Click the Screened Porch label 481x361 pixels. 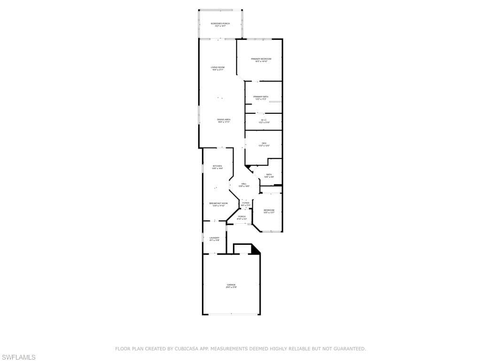[220, 24]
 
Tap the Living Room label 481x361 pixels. [217, 69]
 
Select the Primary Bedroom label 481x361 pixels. [261, 60]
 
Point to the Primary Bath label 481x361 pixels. [261, 98]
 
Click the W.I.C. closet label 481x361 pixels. [264, 121]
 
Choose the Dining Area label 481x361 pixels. [224, 120]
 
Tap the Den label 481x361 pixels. [264, 144]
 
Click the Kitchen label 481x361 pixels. [217, 167]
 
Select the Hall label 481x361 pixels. [244, 185]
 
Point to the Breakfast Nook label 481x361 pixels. [218, 204]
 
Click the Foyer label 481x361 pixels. [246, 204]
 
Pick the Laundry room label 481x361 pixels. [214, 239]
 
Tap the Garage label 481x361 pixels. [231, 285]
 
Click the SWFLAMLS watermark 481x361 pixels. [18, 358]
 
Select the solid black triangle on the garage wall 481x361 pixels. [256, 250]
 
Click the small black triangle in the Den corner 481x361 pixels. [247, 166]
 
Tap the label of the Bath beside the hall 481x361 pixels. [269, 175]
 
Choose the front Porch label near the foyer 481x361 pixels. [241, 218]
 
